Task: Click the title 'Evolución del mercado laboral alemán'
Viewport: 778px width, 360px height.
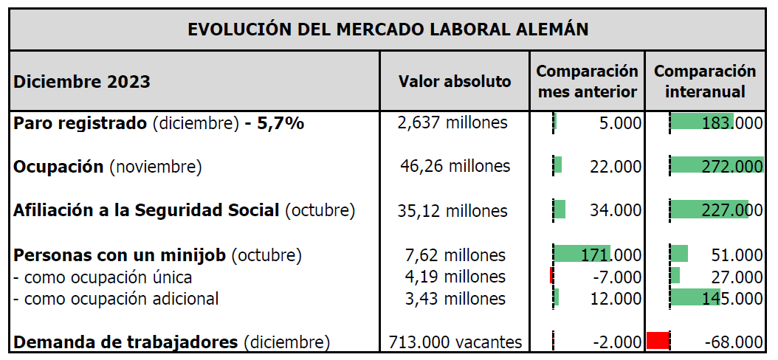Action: (388, 29)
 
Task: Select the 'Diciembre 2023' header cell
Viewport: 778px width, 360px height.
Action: (82, 81)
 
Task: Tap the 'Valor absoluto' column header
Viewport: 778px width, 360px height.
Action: (455, 81)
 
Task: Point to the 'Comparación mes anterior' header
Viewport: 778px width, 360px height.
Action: (587, 81)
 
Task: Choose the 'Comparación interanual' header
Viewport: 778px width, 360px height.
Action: (705, 81)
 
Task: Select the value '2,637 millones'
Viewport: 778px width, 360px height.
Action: (452, 122)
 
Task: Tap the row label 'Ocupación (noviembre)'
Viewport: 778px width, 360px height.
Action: (108, 167)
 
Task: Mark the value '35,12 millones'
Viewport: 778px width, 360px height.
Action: (452, 211)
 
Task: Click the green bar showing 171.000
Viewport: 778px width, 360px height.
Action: (582, 254)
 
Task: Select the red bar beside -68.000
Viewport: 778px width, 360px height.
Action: (658, 341)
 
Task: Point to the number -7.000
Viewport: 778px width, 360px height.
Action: (617, 277)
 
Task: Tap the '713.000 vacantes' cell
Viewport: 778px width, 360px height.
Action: (455, 342)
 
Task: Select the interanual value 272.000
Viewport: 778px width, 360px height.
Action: (732, 167)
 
